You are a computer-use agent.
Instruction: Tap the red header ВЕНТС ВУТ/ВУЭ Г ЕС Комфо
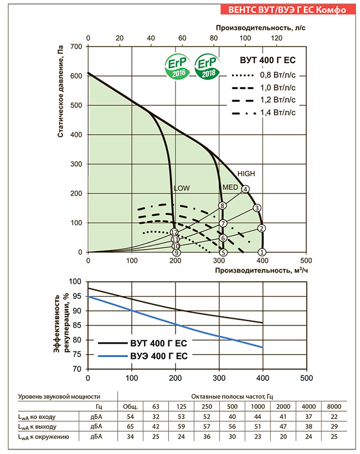pos(287,9)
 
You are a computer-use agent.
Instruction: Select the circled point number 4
pos(245,189)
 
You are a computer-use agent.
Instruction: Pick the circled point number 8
pos(222,206)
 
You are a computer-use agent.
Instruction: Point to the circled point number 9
pos(176,253)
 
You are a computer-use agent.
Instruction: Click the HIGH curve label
pos(246,174)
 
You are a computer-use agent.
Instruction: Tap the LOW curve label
pos(182,188)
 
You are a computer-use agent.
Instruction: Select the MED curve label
pos(230,187)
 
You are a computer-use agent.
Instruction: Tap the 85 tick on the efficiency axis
pos(78,325)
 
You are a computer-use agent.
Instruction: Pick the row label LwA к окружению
pos(44,437)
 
